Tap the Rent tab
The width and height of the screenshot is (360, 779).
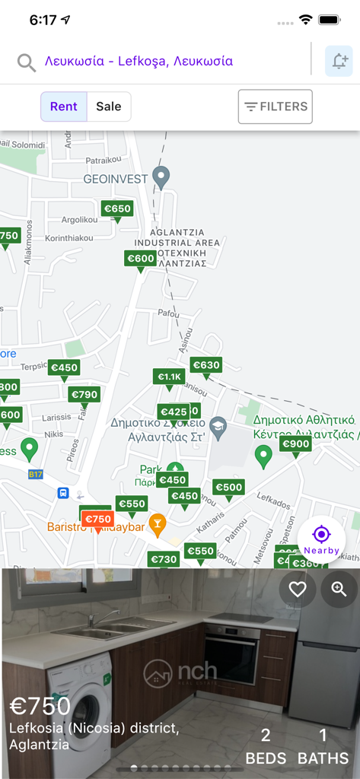pos(64,107)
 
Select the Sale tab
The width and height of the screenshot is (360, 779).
pos(108,107)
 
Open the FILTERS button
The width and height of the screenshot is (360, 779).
pos(276,107)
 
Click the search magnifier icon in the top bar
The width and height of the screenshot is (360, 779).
pos(27,62)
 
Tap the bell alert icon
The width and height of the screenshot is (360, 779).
pos(339,62)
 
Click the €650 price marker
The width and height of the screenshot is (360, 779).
pos(117,208)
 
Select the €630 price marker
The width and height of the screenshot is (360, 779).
pos(205,365)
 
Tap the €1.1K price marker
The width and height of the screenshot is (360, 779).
pos(170,377)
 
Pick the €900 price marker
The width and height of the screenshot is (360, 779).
pos(295,444)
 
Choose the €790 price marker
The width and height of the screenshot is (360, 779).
pos(84,394)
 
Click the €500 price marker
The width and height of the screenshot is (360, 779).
pos(228,488)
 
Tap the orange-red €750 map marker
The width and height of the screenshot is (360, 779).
pos(97,520)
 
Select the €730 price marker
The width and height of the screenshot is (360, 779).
pos(164,559)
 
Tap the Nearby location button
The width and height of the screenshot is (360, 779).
pos(321,539)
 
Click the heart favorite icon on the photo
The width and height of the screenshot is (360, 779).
pos(298,589)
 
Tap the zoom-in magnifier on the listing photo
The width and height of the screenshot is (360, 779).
pos(339,589)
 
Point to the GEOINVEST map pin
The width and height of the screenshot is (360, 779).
pos(161,176)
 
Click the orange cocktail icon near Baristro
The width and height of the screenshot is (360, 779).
pos(157,523)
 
